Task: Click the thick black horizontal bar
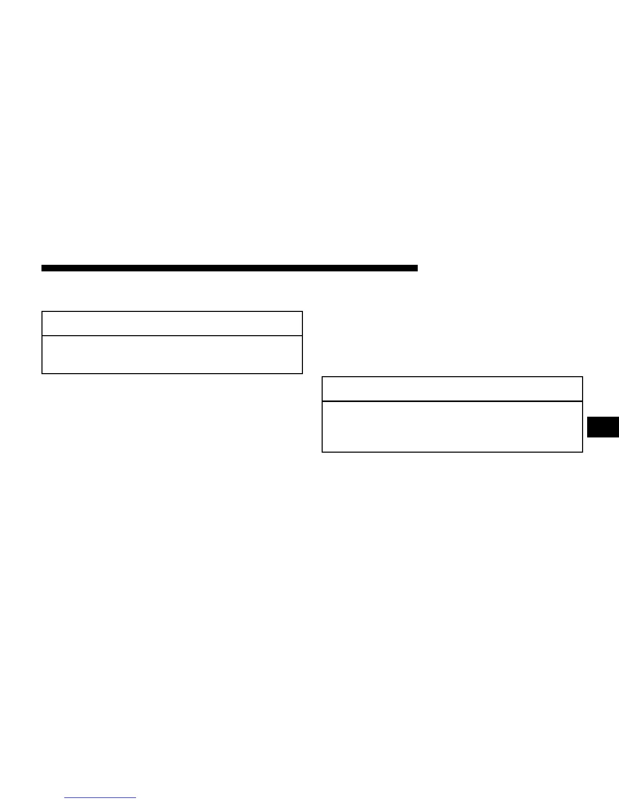click(x=230, y=268)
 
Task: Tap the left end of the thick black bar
click(x=43, y=268)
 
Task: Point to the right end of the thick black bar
click(x=416, y=268)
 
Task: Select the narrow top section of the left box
click(x=172, y=324)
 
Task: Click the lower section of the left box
click(x=172, y=354)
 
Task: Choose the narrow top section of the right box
click(x=452, y=389)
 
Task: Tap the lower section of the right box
click(x=452, y=426)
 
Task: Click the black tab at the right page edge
click(x=603, y=427)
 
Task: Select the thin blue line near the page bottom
click(x=101, y=798)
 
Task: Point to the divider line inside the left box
click(x=172, y=335)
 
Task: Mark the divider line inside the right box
click(x=452, y=402)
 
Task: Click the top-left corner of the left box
click(x=42, y=312)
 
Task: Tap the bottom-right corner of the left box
click(x=302, y=373)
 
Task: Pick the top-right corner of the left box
click(x=302, y=312)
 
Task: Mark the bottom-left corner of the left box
click(x=42, y=373)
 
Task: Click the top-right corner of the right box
click(x=583, y=377)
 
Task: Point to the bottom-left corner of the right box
click(x=323, y=452)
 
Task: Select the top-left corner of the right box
click(x=323, y=377)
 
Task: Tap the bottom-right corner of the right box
click(x=583, y=452)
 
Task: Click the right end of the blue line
click(x=136, y=798)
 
